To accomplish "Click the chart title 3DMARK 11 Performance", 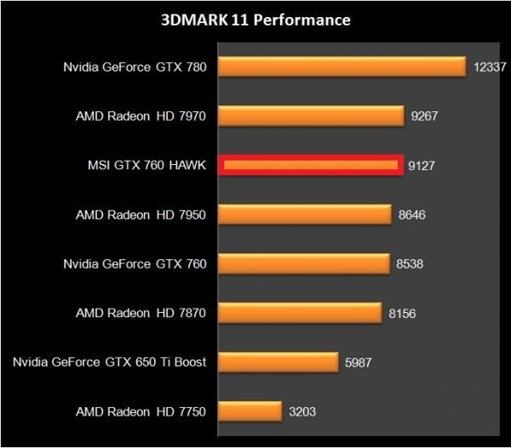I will tap(255, 19).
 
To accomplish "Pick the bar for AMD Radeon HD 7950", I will tap(305, 214).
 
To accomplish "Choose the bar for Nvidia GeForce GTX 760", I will tap(303, 264).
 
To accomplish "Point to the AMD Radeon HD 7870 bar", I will tap(299, 313).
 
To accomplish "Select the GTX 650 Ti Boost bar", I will tap(278, 362).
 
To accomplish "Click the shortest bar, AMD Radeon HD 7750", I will tap(250, 411).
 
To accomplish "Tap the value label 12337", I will tap(489, 66).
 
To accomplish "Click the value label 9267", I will tap(424, 116).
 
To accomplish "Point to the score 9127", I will tap(422, 165).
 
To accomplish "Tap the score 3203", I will tap(302, 411).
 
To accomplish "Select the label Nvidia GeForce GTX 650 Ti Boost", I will tap(109, 362).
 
